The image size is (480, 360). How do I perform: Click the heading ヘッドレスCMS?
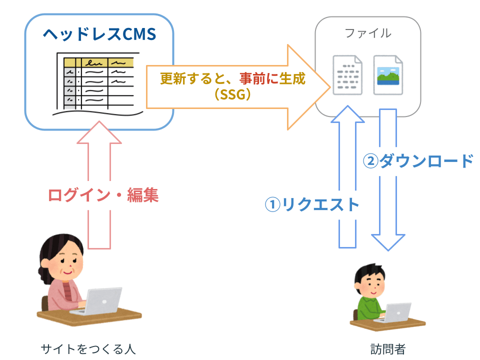pyautogui.click(x=99, y=34)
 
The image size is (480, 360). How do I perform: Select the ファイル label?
pyautogui.click(x=368, y=33)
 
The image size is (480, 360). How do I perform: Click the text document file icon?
pyautogui.click(x=347, y=75)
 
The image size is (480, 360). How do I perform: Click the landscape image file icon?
pyautogui.click(x=388, y=75)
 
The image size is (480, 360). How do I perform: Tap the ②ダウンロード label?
pyautogui.click(x=418, y=161)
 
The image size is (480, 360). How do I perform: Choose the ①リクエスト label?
pyautogui.click(x=312, y=204)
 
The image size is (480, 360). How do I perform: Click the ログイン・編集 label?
pyautogui.click(x=103, y=195)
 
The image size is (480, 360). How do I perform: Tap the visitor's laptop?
pyautogui.click(x=396, y=312)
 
